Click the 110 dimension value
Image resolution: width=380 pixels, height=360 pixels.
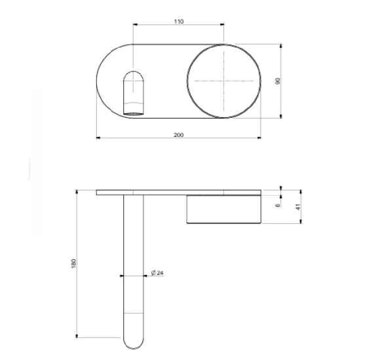click(179, 22)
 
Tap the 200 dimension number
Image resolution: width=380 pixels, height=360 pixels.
click(179, 135)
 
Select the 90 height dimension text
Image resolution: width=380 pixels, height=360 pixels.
click(278, 81)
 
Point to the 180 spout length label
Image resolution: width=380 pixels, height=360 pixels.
click(73, 263)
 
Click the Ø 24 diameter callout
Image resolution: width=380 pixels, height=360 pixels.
click(157, 273)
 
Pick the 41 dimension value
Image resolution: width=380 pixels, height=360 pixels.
click(298, 207)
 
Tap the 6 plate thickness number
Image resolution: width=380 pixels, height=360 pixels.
click(278, 205)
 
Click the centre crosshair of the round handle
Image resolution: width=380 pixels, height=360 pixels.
click(223, 81)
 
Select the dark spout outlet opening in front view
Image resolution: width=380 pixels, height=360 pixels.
click(134, 113)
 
